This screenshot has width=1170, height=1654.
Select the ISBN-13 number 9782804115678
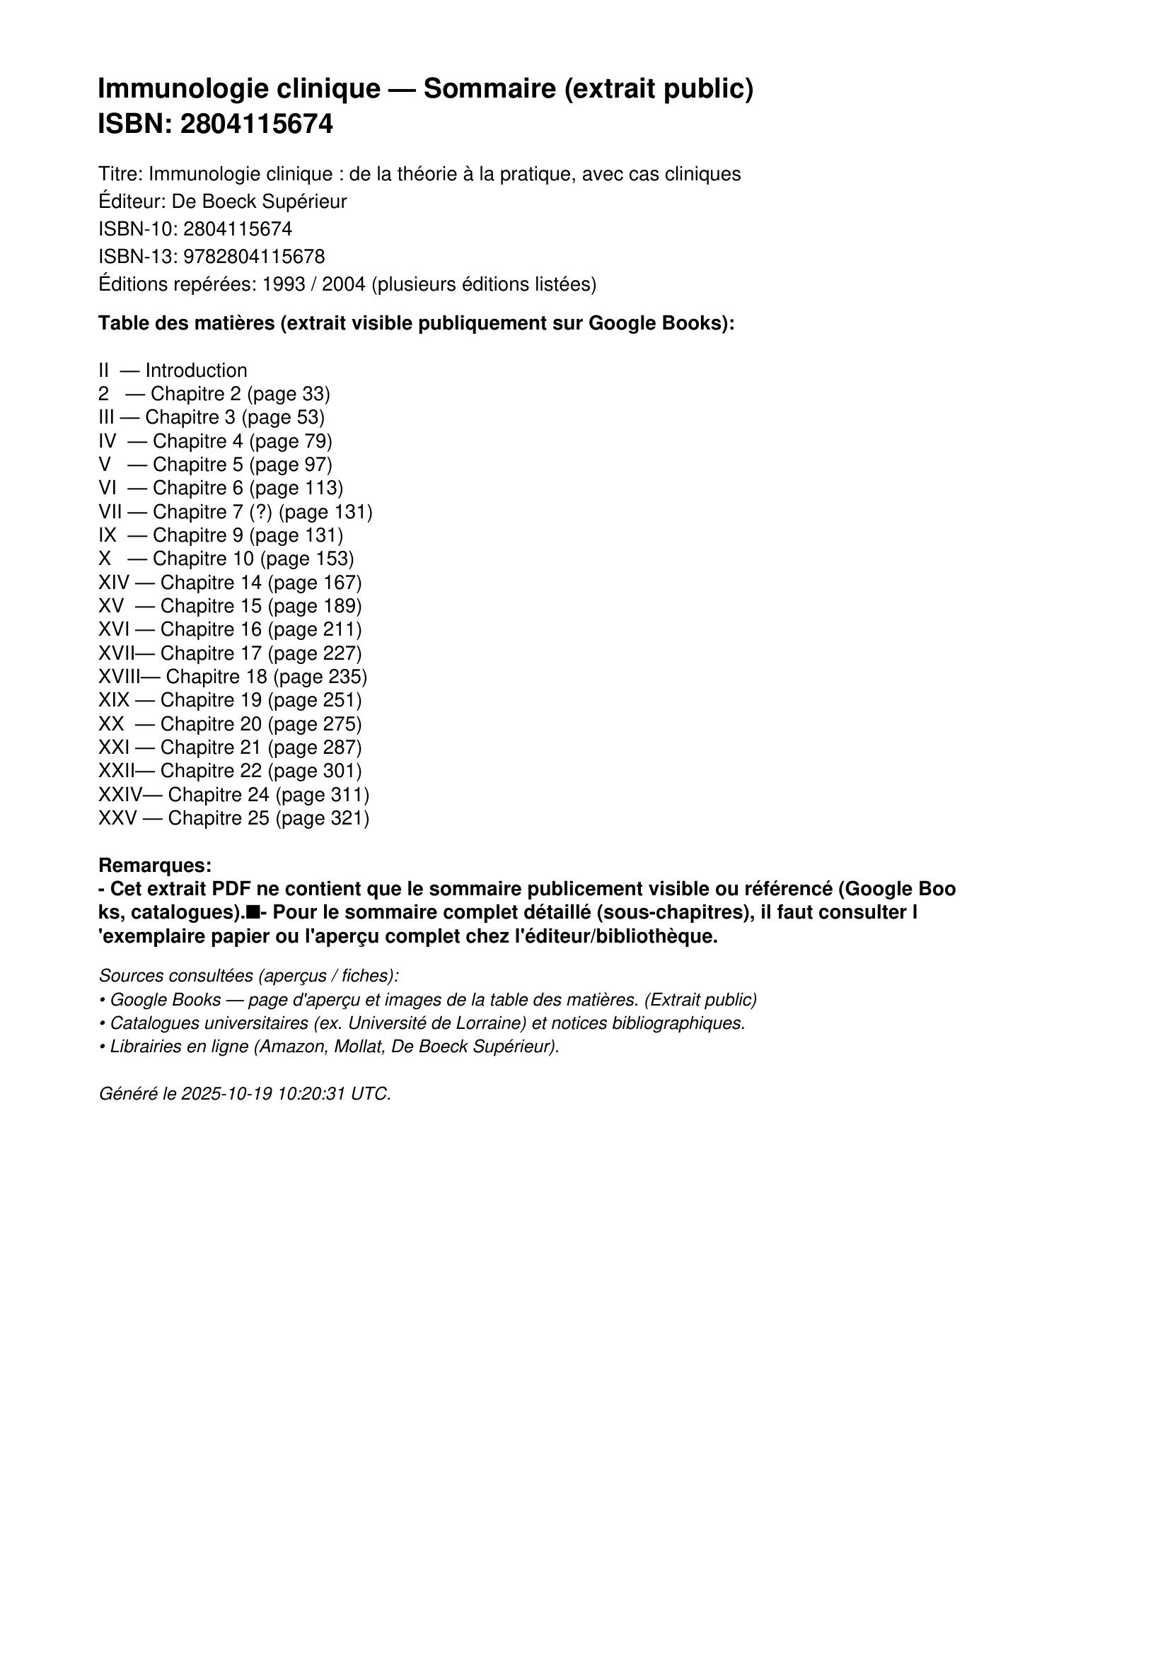(255, 257)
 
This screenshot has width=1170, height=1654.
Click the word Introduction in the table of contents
(196, 371)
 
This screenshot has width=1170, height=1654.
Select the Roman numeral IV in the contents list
(108, 441)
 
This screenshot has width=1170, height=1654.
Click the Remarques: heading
(155, 864)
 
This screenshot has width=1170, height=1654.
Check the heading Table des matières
(186, 323)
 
